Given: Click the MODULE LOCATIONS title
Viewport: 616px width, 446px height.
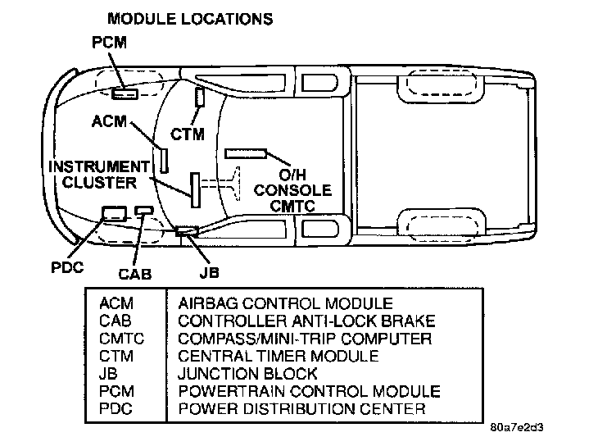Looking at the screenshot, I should pos(190,16).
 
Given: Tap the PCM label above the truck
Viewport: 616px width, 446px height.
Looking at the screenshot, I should pos(109,42).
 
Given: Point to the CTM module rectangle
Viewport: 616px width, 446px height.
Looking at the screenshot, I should pos(199,97).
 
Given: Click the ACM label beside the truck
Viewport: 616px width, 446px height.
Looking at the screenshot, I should pos(110,121).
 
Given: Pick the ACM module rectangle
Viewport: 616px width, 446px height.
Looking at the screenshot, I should pos(164,160).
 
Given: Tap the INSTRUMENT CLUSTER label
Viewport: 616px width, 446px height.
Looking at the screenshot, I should pos(100,173).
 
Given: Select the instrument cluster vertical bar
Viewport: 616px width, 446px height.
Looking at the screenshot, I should pos(196,189).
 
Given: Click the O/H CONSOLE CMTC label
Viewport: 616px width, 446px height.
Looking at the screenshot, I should pos(292,191).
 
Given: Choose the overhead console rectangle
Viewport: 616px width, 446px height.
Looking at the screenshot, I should pos(246,153).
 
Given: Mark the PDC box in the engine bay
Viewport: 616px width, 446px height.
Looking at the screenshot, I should pos(112,213).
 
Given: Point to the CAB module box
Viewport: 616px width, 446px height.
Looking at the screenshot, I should pos(144,211).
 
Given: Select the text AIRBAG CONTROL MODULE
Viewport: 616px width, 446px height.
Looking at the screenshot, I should pos(285,304).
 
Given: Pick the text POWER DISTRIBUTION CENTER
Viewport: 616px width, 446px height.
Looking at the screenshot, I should pos(301,408).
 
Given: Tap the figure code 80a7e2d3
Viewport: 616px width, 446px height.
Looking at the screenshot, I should pos(516,428).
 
